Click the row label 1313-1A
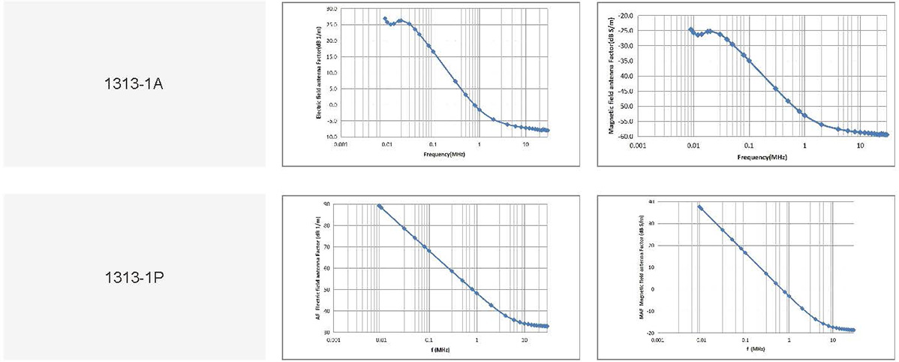[134, 83]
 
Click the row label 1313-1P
[134, 277]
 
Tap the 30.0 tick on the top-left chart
[331, 9]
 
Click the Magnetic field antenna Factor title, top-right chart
[610, 75]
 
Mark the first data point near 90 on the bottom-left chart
[380, 206]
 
